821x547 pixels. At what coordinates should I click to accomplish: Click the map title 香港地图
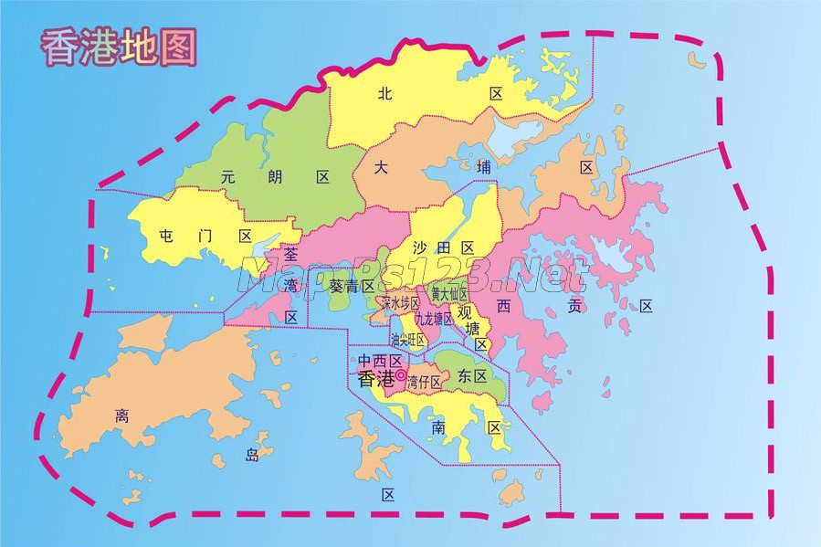[119, 47]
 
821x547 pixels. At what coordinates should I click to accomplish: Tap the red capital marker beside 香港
[401, 374]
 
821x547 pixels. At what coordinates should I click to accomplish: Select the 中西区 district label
[380, 360]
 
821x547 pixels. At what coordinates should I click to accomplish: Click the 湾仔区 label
[425, 383]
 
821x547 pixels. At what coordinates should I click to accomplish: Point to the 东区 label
[473, 375]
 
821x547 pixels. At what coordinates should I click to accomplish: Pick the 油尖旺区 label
[407, 340]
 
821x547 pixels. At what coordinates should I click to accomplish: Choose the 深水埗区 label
[400, 302]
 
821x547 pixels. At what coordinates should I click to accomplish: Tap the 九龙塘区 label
[434, 320]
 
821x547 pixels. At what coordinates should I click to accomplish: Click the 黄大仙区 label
[449, 294]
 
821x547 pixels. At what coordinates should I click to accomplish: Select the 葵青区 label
[353, 286]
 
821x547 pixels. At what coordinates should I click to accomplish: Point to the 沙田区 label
[443, 247]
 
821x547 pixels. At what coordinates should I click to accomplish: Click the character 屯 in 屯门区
[166, 236]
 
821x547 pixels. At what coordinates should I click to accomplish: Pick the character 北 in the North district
[384, 93]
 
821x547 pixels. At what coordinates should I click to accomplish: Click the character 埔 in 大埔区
[485, 167]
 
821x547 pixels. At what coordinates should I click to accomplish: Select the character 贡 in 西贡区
[574, 306]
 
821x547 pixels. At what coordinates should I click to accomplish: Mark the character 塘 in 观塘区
[473, 327]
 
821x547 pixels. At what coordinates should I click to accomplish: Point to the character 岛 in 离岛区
[252, 455]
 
